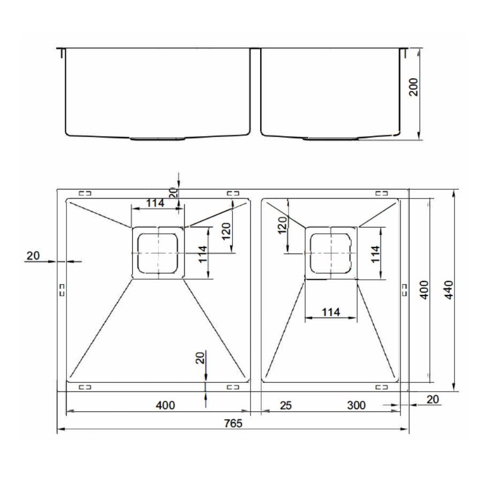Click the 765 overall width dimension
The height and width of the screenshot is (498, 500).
pos(233,423)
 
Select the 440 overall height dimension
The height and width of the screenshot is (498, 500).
pos(449,289)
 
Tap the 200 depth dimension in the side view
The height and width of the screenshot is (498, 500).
pos(414,87)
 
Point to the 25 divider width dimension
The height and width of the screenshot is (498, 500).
pos(286,405)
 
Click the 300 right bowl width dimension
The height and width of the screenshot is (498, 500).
pos(356,405)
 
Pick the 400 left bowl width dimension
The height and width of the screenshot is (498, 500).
pos(165,405)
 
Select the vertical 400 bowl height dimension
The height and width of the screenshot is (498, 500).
pos(424,289)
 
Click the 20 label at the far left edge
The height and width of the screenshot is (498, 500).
pos(33,256)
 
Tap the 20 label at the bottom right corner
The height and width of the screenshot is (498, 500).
pos(433,399)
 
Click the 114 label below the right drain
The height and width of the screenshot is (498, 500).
pos(331,312)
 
